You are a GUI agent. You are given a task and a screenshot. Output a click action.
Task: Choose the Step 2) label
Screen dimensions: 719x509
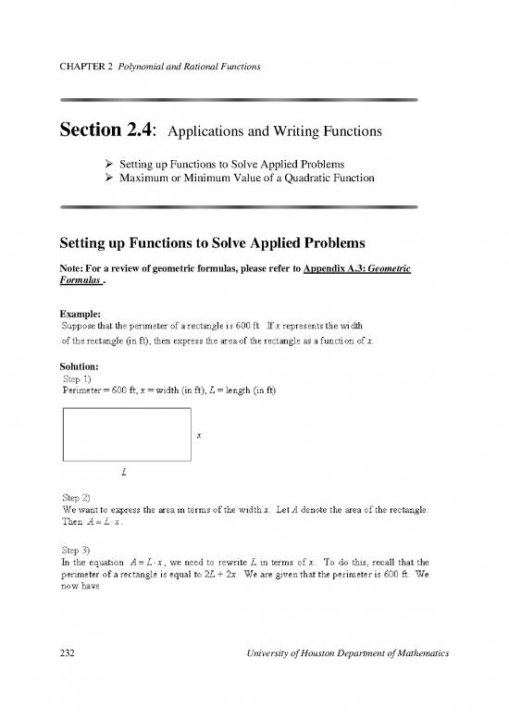[77, 497]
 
